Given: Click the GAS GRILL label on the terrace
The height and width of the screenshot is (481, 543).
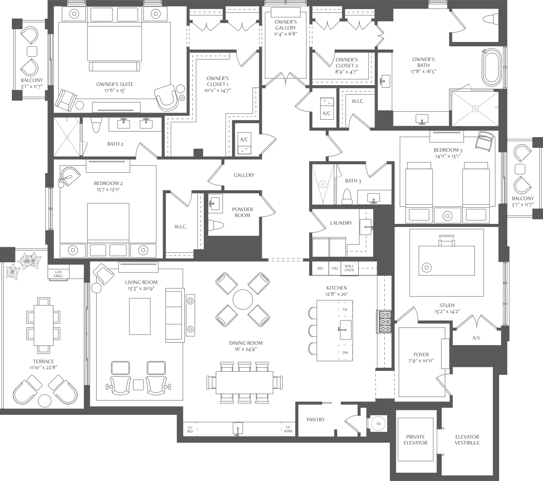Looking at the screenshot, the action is pyautogui.click(x=59, y=274).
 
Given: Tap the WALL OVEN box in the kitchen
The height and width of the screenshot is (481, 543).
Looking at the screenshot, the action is pyautogui.click(x=349, y=268).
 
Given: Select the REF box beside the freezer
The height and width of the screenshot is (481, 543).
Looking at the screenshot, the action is pyautogui.click(x=321, y=268).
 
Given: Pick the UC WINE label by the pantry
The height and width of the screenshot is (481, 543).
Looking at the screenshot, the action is pyautogui.click(x=288, y=429).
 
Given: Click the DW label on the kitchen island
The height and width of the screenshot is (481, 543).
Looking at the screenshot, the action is pyautogui.click(x=345, y=353).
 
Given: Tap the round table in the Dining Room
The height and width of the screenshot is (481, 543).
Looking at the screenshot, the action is pyautogui.click(x=243, y=300).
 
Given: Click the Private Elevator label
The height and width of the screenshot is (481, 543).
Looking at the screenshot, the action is pyautogui.click(x=416, y=440).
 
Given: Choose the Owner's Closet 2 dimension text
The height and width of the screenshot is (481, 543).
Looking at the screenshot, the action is pyautogui.click(x=347, y=72).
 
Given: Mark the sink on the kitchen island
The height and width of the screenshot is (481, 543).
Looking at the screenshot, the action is pyautogui.click(x=345, y=330).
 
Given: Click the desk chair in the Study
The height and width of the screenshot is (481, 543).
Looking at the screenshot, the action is pyautogui.click(x=447, y=240).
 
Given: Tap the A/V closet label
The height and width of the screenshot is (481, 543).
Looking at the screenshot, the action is pyautogui.click(x=476, y=338).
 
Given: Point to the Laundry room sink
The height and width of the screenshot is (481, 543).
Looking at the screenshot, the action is pyautogui.click(x=366, y=227).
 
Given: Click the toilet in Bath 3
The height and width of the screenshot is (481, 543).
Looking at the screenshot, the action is pyautogui.click(x=347, y=197).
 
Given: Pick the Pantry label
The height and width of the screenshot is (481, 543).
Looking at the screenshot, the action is pyautogui.click(x=315, y=420).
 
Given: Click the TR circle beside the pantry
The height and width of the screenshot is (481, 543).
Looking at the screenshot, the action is pyautogui.click(x=378, y=424).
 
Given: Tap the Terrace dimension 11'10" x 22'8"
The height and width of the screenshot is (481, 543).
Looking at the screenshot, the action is pyautogui.click(x=44, y=367).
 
